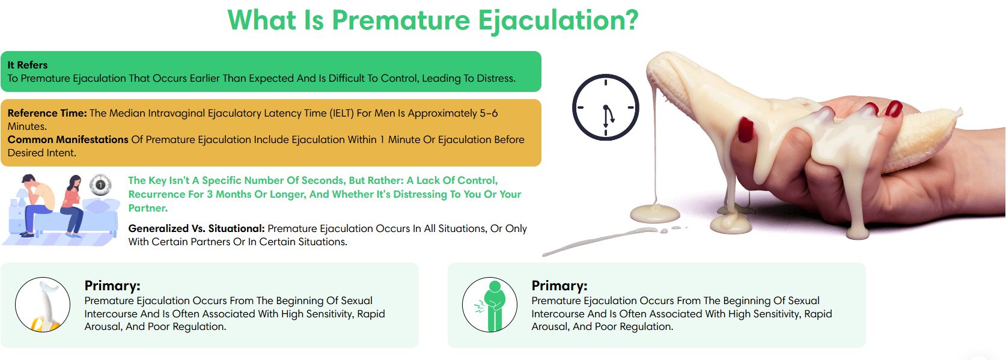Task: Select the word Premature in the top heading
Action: (x=401, y=20)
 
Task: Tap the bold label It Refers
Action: (x=28, y=65)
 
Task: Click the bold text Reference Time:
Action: (x=47, y=113)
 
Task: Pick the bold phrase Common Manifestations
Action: (x=68, y=139)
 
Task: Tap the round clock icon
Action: (x=605, y=108)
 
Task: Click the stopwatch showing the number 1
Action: (x=100, y=185)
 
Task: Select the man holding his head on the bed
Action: (x=36, y=204)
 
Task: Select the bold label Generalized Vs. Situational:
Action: (x=197, y=228)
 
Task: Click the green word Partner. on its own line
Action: (x=148, y=208)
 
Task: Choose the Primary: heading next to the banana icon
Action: (x=112, y=285)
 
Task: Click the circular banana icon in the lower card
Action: (x=43, y=305)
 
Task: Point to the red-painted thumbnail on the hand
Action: (x=746, y=130)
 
